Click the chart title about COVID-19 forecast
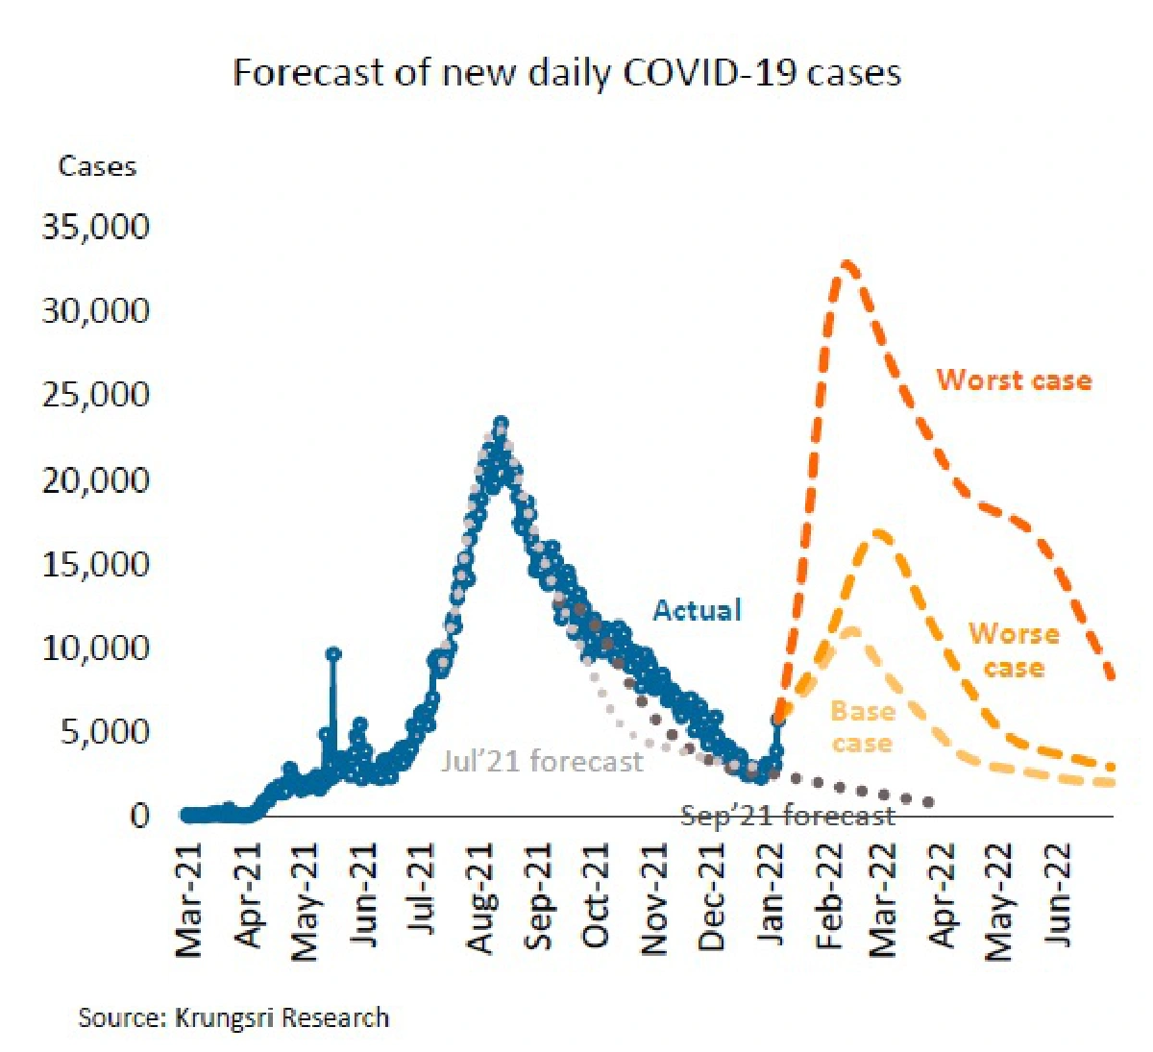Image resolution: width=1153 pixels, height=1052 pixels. (567, 73)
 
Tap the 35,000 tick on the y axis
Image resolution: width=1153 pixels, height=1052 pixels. (96, 228)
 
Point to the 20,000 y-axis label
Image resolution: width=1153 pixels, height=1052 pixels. (96, 479)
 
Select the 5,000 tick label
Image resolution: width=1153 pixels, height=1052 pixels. (105, 732)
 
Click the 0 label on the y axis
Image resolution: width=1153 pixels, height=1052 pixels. (140, 816)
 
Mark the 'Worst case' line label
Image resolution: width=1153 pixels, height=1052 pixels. (1014, 380)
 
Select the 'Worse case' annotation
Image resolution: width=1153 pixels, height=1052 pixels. (1014, 650)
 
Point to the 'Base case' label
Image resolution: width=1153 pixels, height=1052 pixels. (862, 727)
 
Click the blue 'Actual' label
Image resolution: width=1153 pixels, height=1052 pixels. (698, 610)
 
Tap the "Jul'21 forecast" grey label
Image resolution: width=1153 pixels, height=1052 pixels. (542, 762)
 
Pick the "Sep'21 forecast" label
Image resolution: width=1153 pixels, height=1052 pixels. (788, 817)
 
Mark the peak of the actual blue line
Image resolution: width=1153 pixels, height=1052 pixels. (501, 423)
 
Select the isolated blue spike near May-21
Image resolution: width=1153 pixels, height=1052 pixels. (333, 654)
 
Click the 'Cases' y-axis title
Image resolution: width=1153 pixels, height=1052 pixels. (97, 166)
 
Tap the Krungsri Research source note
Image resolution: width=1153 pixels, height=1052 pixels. (233, 1017)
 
